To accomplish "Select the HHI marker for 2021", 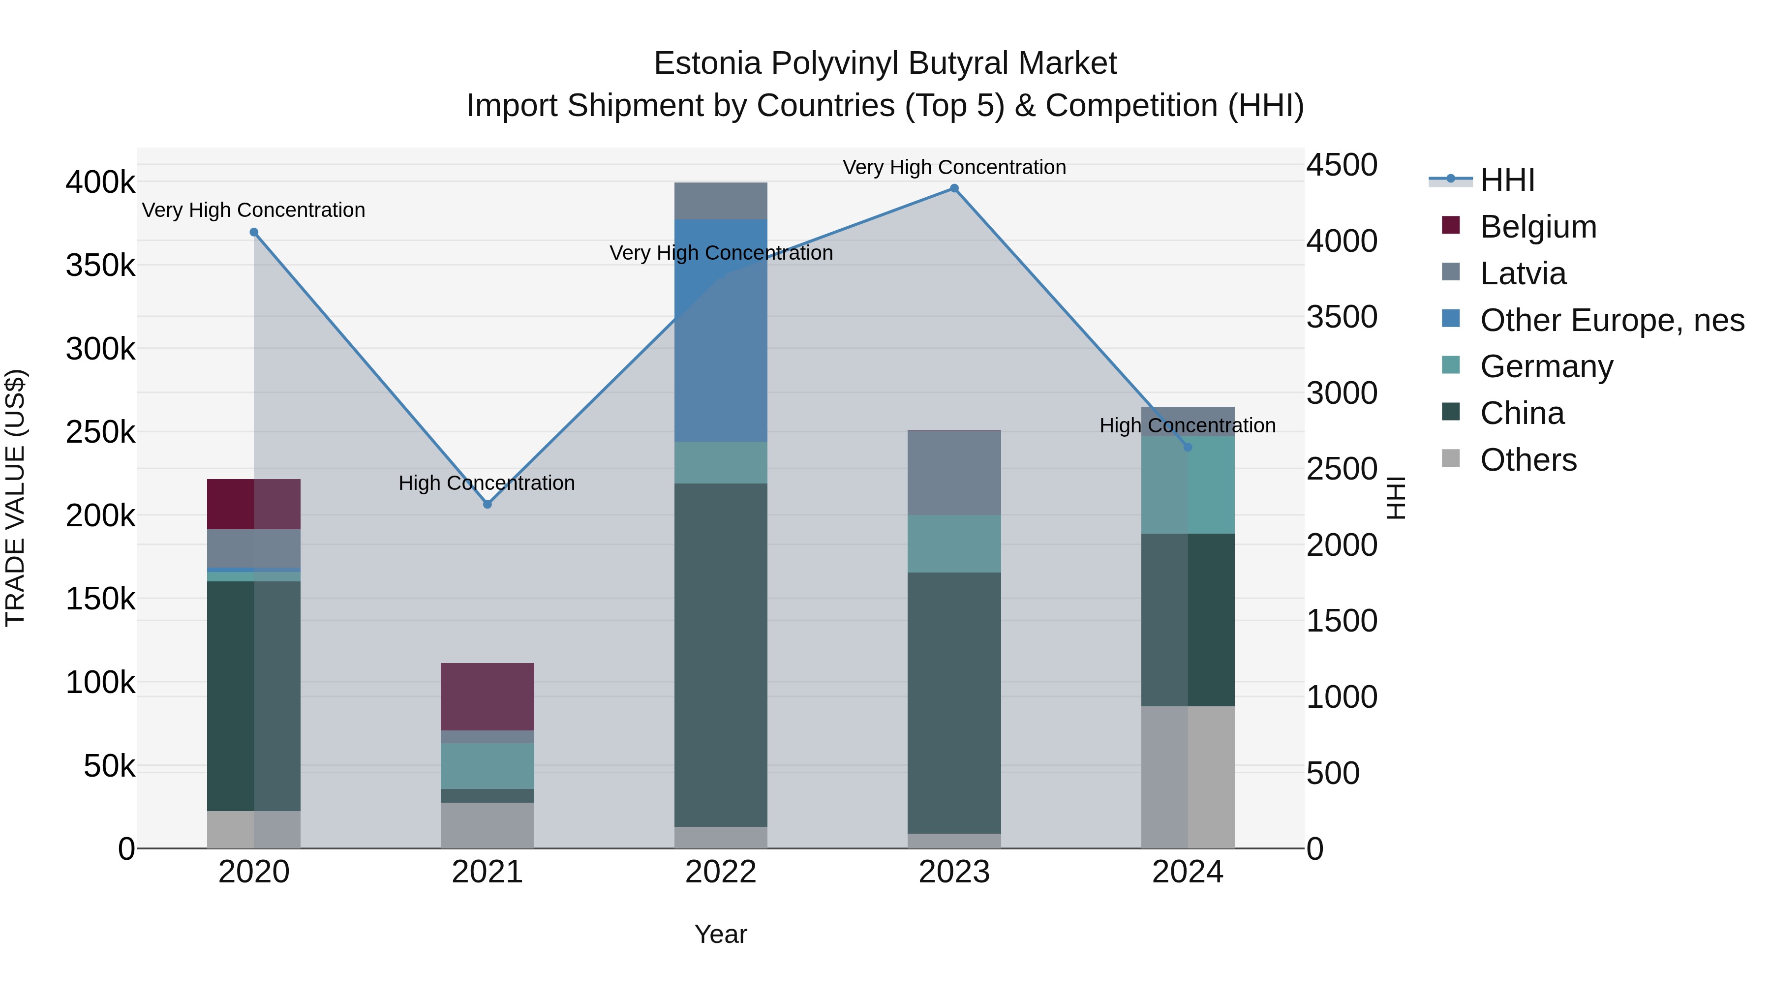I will pyautogui.click(x=488, y=505).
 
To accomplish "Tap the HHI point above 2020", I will pyautogui.click(x=254, y=232).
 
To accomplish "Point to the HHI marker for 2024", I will pyautogui.click(x=1188, y=448).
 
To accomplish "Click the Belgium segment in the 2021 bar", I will pyautogui.click(x=488, y=696).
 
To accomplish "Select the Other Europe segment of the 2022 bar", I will pyautogui.click(x=721, y=330).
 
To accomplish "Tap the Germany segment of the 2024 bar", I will pyautogui.click(x=1188, y=484).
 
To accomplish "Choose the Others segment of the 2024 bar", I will pyautogui.click(x=1188, y=777).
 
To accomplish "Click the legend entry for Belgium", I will pyautogui.click(x=1538, y=227).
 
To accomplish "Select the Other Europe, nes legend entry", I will pyautogui.click(x=1612, y=320).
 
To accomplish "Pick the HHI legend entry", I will pyautogui.click(x=1507, y=180).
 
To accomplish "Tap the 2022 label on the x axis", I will pyautogui.click(x=721, y=872).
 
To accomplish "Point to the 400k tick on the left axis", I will pyautogui.click(x=100, y=183).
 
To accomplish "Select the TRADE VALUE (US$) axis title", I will pyautogui.click(x=15, y=498).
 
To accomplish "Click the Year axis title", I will pyautogui.click(x=721, y=934).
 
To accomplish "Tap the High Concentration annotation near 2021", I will pyautogui.click(x=487, y=483).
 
